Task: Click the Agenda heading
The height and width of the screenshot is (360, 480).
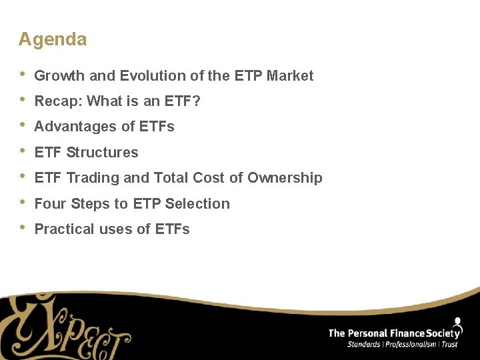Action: pyautogui.click(x=53, y=39)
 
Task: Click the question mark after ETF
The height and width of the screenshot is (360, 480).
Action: pyautogui.click(x=197, y=101)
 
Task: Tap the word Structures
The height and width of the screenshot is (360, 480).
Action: pyautogui.click(x=102, y=153)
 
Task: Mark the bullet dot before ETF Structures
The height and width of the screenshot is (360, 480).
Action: pyautogui.click(x=22, y=151)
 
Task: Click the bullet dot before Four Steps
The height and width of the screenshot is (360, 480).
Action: pyautogui.click(x=22, y=202)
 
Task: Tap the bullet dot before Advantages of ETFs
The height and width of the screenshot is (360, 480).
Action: pyautogui.click(x=22, y=125)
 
